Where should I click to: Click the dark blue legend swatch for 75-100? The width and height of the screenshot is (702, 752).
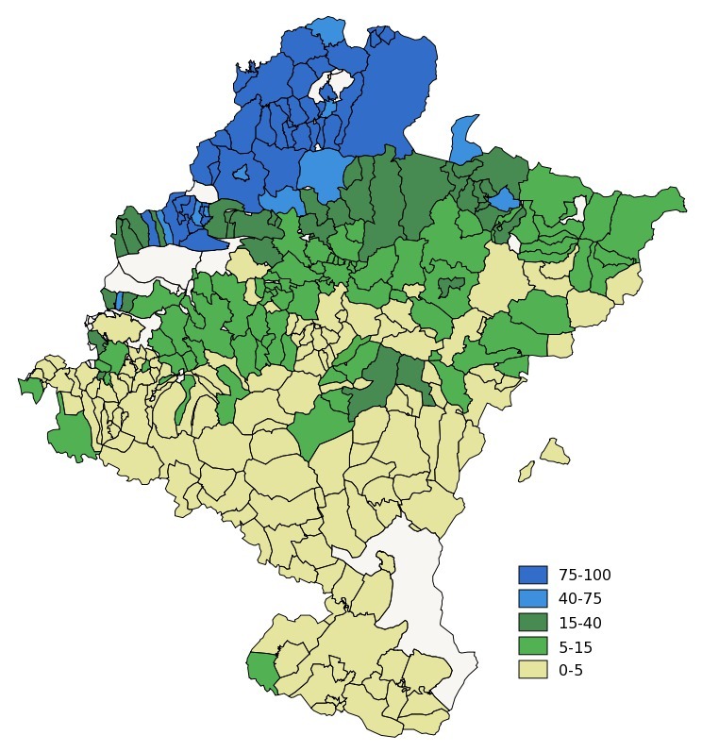point(532,575)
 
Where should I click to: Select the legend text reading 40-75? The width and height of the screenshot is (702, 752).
point(579,599)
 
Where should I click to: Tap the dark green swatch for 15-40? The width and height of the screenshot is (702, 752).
point(532,623)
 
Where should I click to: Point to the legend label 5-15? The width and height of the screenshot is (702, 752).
point(576,647)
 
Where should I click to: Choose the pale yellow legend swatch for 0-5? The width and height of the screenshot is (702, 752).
point(532,670)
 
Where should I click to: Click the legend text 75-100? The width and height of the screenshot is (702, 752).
point(584,575)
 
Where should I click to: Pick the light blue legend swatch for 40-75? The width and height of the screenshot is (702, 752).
point(532,599)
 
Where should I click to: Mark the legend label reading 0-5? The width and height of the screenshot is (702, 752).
point(571,671)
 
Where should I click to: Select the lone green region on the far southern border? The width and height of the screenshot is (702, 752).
point(260,670)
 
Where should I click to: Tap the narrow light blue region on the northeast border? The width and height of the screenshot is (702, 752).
point(464,140)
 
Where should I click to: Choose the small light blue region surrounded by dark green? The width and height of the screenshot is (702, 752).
point(503,199)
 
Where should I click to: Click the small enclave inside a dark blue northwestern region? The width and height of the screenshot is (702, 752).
point(241,172)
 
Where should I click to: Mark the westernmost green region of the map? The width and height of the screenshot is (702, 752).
point(31,388)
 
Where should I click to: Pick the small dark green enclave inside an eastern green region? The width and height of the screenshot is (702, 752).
point(451,284)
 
